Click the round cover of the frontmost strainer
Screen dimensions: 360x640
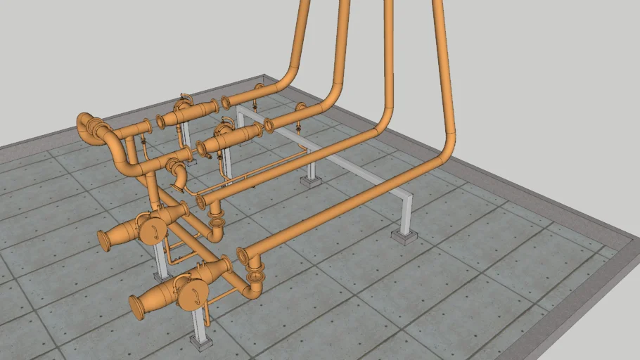point(189,296)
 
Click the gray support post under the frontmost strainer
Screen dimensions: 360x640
point(198,322)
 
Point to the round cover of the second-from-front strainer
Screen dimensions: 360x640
point(151,231)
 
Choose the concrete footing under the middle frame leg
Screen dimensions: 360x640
point(311,181)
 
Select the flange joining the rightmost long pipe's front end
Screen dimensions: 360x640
point(243,255)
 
